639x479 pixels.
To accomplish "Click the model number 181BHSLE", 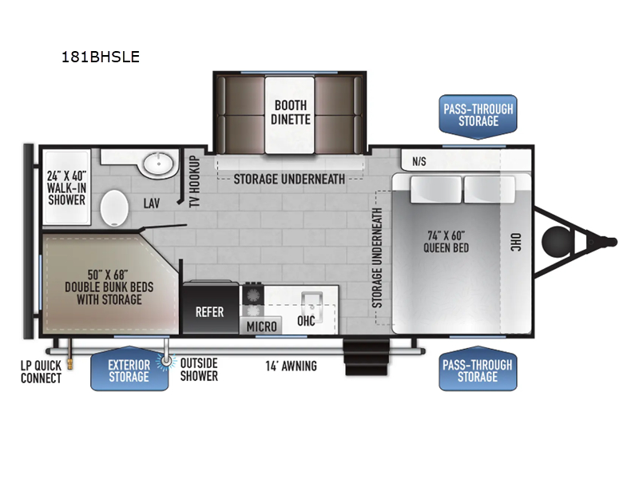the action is click(x=101, y=57).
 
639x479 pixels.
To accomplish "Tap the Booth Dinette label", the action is click(x=290, y=113).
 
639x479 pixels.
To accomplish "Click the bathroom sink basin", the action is click(x=158, y=164).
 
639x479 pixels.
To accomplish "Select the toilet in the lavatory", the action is click(x=114, y=208).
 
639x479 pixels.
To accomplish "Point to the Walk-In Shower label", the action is click(x=66, y=188).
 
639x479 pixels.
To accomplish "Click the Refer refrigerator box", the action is click(x=210, y=308).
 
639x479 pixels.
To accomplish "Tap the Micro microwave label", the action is click(x=262, y=327).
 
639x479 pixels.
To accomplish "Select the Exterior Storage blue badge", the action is click(x=129, y=369).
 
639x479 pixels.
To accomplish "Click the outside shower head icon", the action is click(x=166, y=361).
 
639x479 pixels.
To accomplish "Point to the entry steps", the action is click(x=367, y=357).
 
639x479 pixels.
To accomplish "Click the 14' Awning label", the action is click(x=291, y=366).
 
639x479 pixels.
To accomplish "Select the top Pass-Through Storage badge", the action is click(x=478, y=116).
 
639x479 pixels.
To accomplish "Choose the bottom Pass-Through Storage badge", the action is click(x=478, y=369).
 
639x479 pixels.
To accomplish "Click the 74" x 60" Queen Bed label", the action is click(x=447, y=242).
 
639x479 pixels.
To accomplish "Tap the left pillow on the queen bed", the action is click(x=435, y=189).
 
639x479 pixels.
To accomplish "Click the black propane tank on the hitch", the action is click(x=556, y=242).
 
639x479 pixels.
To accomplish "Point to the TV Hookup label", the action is click(x=195, y=181).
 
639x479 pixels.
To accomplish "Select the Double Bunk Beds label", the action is click(x=109, y=287).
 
